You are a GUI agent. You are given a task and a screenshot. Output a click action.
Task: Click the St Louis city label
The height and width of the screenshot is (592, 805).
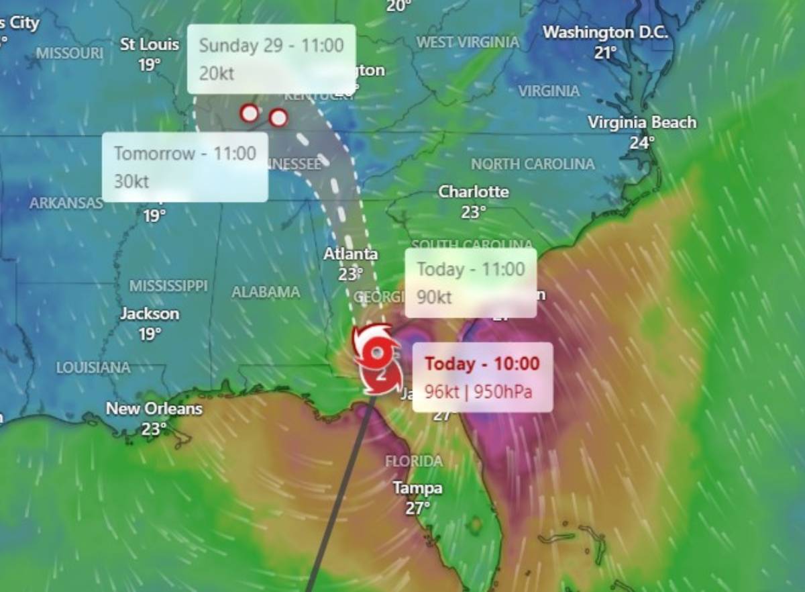[x=150, y=45]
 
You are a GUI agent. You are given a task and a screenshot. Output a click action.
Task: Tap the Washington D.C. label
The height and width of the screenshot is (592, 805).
[x=605, y=32]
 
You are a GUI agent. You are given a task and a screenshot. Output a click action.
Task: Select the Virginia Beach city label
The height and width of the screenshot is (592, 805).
[x=642, y=123]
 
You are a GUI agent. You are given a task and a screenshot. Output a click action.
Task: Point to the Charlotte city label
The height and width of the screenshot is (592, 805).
[x=473, y=192]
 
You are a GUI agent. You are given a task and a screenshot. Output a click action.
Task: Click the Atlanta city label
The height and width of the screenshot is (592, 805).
[x=350, y=254]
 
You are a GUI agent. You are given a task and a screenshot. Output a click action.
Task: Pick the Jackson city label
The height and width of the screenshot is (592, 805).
[x=150, y=313]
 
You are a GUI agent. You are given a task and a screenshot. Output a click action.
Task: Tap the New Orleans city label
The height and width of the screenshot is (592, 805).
[x=154, y=408]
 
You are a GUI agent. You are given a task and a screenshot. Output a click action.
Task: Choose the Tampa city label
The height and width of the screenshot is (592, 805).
[x=417, y=488]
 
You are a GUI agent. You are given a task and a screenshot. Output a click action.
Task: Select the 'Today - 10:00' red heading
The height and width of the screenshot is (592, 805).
[x=482, y=364]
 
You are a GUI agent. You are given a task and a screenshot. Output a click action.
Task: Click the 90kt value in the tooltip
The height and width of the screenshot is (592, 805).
[x=434, y=297]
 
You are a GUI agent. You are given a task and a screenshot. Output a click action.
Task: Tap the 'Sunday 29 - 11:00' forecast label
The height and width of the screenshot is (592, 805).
[x=271, y=46]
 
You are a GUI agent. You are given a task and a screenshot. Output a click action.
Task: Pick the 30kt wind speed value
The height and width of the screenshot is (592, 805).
[x=131, y=181]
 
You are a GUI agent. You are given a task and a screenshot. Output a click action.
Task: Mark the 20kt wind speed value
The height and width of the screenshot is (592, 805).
[x=217, y=73]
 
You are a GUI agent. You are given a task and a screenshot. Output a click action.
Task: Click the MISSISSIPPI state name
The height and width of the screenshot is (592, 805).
[x=168, y=286]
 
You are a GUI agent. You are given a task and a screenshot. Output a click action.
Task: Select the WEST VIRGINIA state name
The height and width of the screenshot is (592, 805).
[x=468, y=42]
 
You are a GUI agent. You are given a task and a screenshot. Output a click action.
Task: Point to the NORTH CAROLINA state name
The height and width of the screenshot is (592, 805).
[x=532, y=164]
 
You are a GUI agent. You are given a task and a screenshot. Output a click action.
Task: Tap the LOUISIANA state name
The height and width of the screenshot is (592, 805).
[x=93, y=368]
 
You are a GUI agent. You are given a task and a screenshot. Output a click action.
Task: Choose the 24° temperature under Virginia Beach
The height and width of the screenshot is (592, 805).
[x=641, y=142]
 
